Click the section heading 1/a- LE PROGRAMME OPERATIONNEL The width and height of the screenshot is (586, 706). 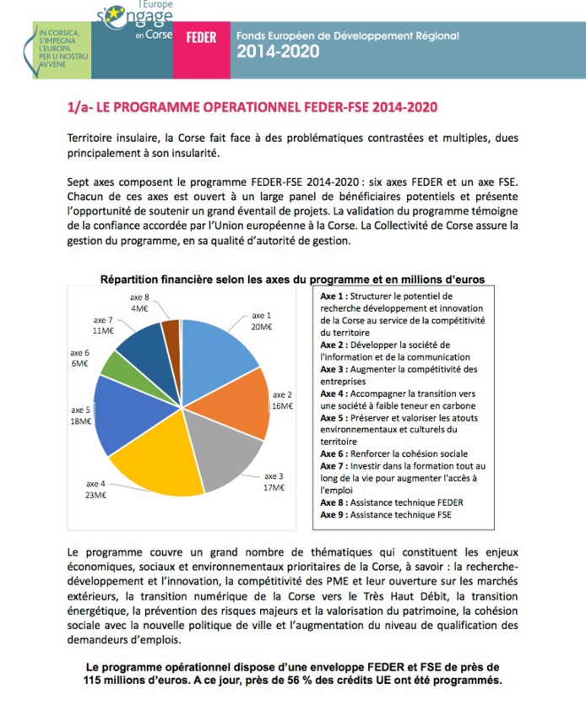pyautogui.click(x=252, y=109)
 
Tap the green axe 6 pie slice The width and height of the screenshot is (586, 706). pyautogui.click(x=122, y=364)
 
